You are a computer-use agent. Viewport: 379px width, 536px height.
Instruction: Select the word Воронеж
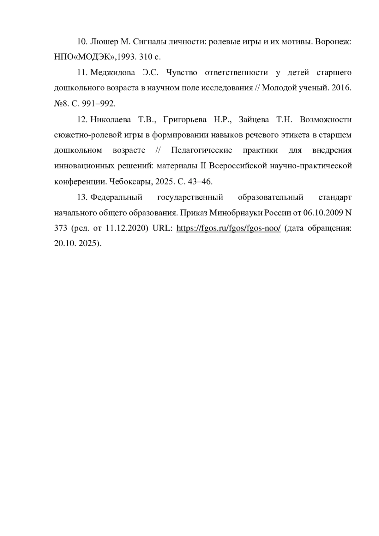point(333,42)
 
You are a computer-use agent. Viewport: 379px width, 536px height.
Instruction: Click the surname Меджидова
point(113,73)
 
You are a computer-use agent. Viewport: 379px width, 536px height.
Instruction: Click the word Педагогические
point(202,151)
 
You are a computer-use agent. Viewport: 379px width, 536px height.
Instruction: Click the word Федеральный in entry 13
point(116,198)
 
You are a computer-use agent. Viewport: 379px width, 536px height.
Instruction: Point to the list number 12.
point(82,120)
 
